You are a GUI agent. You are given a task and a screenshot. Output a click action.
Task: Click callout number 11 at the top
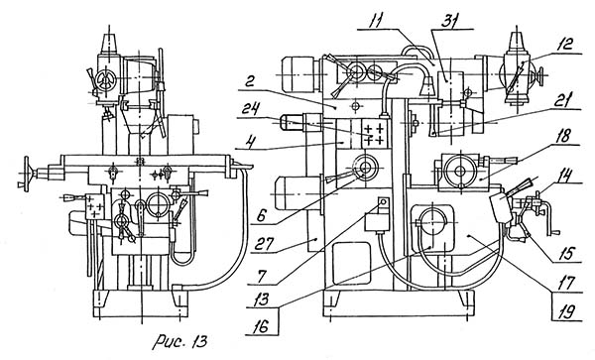click(x=374, y=20)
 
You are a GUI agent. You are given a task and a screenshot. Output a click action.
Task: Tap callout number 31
click(x=450, y=20)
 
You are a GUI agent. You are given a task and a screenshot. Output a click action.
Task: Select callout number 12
click(x=565, y=45)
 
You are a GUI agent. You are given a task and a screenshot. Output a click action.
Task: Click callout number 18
click(x=562, y=137)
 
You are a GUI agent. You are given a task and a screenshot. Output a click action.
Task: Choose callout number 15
click(x=567, y=253)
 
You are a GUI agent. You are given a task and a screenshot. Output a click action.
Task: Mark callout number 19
click(x=566, y=312)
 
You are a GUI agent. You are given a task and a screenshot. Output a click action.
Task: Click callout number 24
click(x=252, y=109)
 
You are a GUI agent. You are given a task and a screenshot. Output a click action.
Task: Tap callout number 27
click(x=266, y=244)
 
